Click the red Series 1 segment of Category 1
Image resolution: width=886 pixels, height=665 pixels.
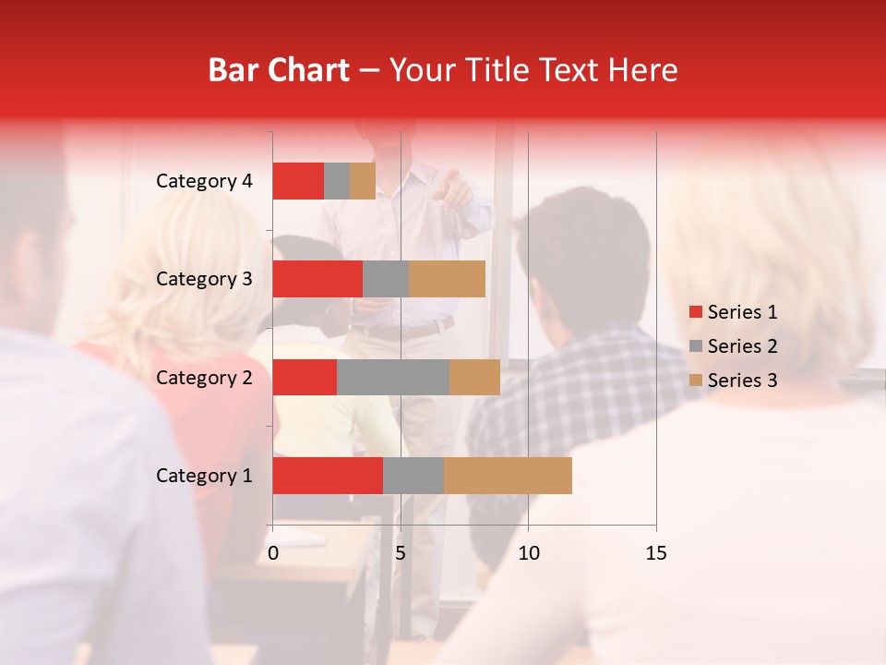tap(328, 475)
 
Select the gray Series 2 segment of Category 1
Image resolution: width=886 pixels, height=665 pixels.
tap(413, 475)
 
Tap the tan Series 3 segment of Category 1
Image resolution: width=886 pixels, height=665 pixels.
tap(508, 475)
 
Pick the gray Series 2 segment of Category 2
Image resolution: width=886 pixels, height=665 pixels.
tap(393, 377)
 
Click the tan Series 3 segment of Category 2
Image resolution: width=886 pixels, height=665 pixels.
tap(474, 377)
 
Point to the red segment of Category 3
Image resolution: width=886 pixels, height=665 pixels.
tap(317, 279)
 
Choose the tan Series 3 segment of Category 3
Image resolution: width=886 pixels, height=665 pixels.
tap(447, 279)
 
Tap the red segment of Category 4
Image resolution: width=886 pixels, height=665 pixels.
tap(298, 181)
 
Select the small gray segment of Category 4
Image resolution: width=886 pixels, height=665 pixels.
tap(337, 181)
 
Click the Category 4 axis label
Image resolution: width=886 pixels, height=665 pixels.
tap(204, 181)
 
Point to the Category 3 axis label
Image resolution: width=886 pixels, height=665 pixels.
tap(204, 279)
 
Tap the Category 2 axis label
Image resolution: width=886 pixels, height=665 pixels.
tap(204, 377)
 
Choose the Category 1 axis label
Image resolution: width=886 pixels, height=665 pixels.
tap(204, 476)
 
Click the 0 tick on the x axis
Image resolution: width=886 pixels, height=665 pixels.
tap(273, 553)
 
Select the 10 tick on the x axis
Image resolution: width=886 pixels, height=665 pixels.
tap(528, 553)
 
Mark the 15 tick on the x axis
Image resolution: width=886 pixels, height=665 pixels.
tap(656, 553)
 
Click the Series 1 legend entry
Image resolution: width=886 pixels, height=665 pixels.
tap(733, 312)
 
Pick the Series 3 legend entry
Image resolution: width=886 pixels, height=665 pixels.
tap(733, 381)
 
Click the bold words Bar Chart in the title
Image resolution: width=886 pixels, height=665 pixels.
tap(279, 70)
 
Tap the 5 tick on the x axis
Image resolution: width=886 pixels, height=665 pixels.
tap(401, 553)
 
